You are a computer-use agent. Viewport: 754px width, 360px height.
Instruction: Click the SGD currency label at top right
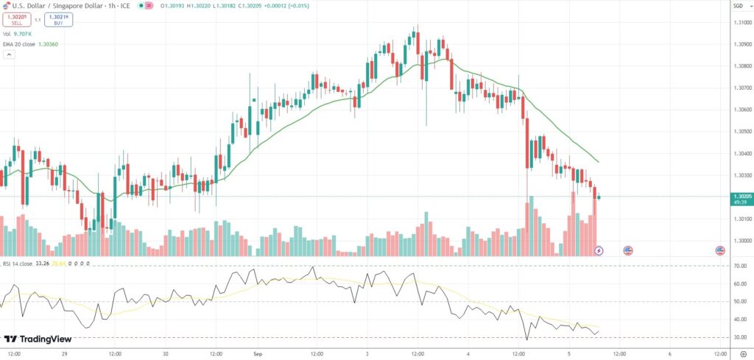tap(738, 7)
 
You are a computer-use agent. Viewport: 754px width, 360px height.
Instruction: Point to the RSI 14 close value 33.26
tap(42, 263)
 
